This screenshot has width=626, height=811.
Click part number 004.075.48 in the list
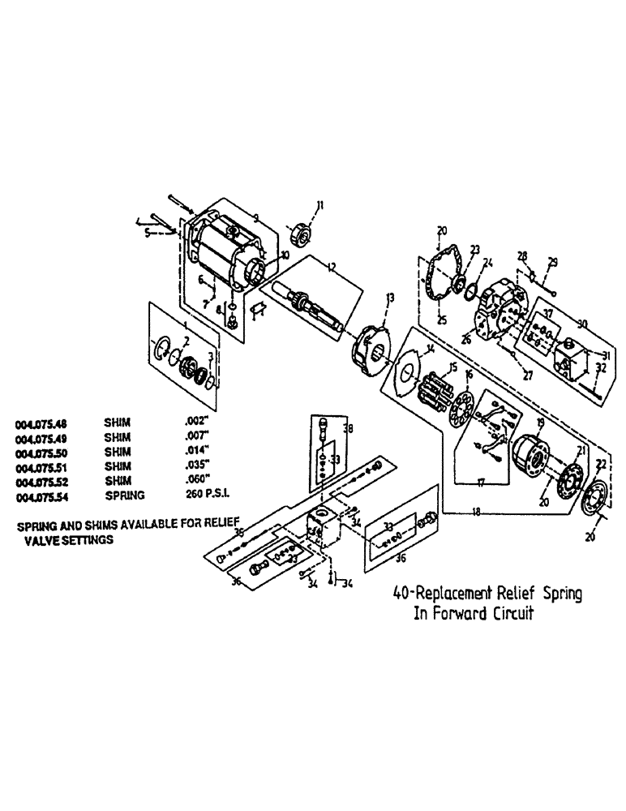pyautogui.click(x=41, y=423)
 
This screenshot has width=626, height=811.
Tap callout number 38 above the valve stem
pyautogui.click(x=349, y=427)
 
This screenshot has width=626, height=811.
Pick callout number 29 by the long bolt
pyautogui.click(x=553, y=261)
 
